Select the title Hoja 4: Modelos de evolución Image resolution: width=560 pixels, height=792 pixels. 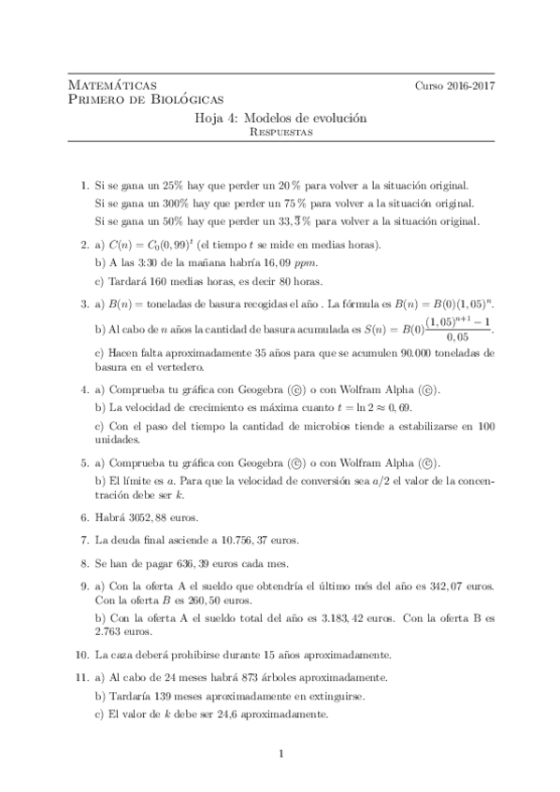(280, 119)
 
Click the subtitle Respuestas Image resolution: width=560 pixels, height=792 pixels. (280, 133)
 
